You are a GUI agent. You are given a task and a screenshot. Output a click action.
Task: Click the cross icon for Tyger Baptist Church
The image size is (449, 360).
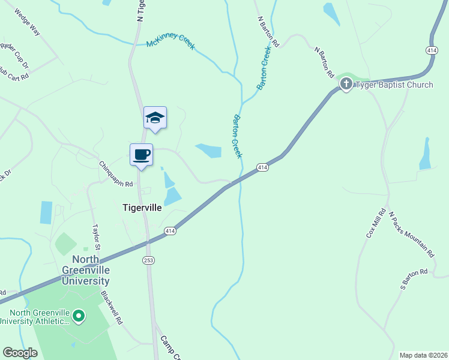346,85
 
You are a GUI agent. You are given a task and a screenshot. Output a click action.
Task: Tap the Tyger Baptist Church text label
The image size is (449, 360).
394,85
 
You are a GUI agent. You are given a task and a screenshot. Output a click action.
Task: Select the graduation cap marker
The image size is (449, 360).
155,118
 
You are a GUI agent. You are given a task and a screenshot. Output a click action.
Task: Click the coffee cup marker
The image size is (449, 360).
141,155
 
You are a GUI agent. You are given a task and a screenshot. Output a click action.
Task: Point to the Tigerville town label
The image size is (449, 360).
142,208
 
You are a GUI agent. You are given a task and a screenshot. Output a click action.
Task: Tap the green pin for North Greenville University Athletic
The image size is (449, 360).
78,315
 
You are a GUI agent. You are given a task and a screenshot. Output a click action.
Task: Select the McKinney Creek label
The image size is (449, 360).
170,44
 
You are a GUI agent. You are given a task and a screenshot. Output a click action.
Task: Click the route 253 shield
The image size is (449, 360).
148,260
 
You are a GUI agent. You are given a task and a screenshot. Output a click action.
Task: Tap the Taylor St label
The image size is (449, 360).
96,238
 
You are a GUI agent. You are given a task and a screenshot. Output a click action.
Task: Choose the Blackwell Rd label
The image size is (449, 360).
112,308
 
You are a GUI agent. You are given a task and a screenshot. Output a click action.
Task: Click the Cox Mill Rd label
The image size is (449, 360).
376,224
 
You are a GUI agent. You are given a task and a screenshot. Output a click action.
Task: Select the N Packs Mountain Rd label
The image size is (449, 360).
411,235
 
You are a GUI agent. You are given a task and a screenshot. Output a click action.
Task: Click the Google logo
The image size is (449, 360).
20,352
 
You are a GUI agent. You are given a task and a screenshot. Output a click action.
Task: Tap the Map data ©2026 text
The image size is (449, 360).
423,355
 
